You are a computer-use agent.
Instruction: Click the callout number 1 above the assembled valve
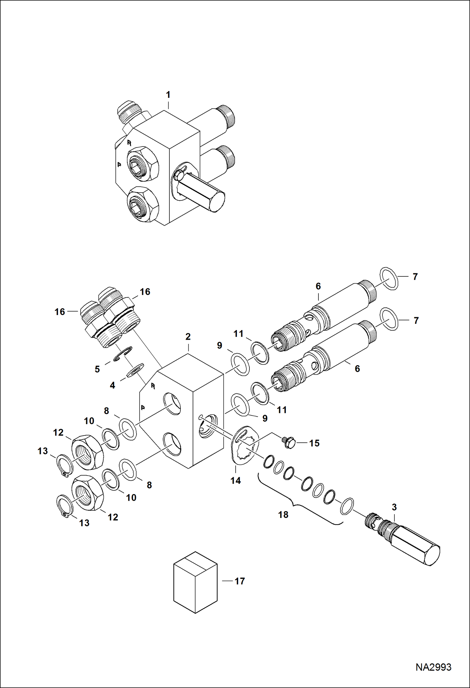tap(168, 95)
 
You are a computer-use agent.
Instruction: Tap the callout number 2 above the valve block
tap(188, 337)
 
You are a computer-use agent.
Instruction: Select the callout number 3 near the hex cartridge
tap(394, 507)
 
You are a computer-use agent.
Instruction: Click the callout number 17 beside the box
tap(240, 581)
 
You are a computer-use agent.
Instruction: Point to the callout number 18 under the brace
tap(283, 515)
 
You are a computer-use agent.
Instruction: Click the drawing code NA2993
tap(433, 667)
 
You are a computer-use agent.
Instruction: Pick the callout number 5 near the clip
tap(97, 369)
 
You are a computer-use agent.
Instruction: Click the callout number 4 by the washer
tap(112, 385)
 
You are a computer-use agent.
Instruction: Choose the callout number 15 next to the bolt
tap(314, 443)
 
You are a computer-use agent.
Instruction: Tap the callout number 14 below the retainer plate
tap(236, 480)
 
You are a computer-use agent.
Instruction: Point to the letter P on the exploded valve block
tap(142, 408)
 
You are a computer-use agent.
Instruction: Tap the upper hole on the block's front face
tap(172, 404)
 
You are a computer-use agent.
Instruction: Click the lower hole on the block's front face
tap(172, 444)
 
